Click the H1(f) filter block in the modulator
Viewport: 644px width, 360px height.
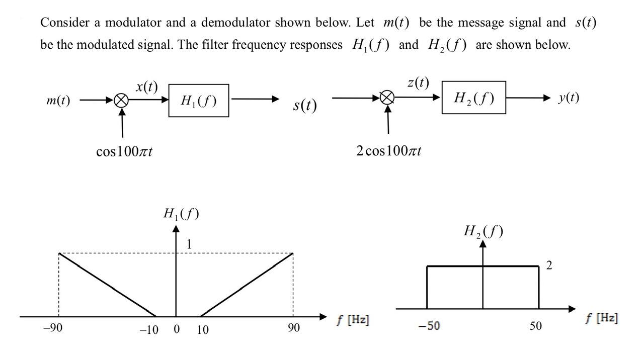click(198, 101)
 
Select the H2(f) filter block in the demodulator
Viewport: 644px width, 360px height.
click(473, 98)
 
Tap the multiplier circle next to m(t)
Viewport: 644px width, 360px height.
click(121, 101)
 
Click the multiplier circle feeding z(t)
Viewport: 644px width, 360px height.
click(387, 98)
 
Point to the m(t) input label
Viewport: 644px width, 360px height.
click(58, 101)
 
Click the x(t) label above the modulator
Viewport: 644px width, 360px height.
click(146, 86)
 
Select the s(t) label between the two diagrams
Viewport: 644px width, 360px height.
click(305, 105)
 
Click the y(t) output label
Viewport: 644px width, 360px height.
click(569, 98)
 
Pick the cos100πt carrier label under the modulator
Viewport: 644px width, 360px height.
click(124, 151)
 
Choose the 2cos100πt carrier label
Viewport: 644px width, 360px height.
click(388, 150)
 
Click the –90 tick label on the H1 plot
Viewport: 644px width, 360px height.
click(52, 328)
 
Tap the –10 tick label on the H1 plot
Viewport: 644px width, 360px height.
click(149, 330)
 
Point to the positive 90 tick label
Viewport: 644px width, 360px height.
click(294, 328)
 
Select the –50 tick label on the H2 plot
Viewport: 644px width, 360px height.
click(429, 326)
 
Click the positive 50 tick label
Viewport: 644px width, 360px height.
click(536, 326)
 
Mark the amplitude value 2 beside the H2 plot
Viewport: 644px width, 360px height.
click(549, 265)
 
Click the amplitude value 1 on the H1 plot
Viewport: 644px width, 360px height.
click(189, 244)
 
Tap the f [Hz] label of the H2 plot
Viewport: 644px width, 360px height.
click(602, 318)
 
